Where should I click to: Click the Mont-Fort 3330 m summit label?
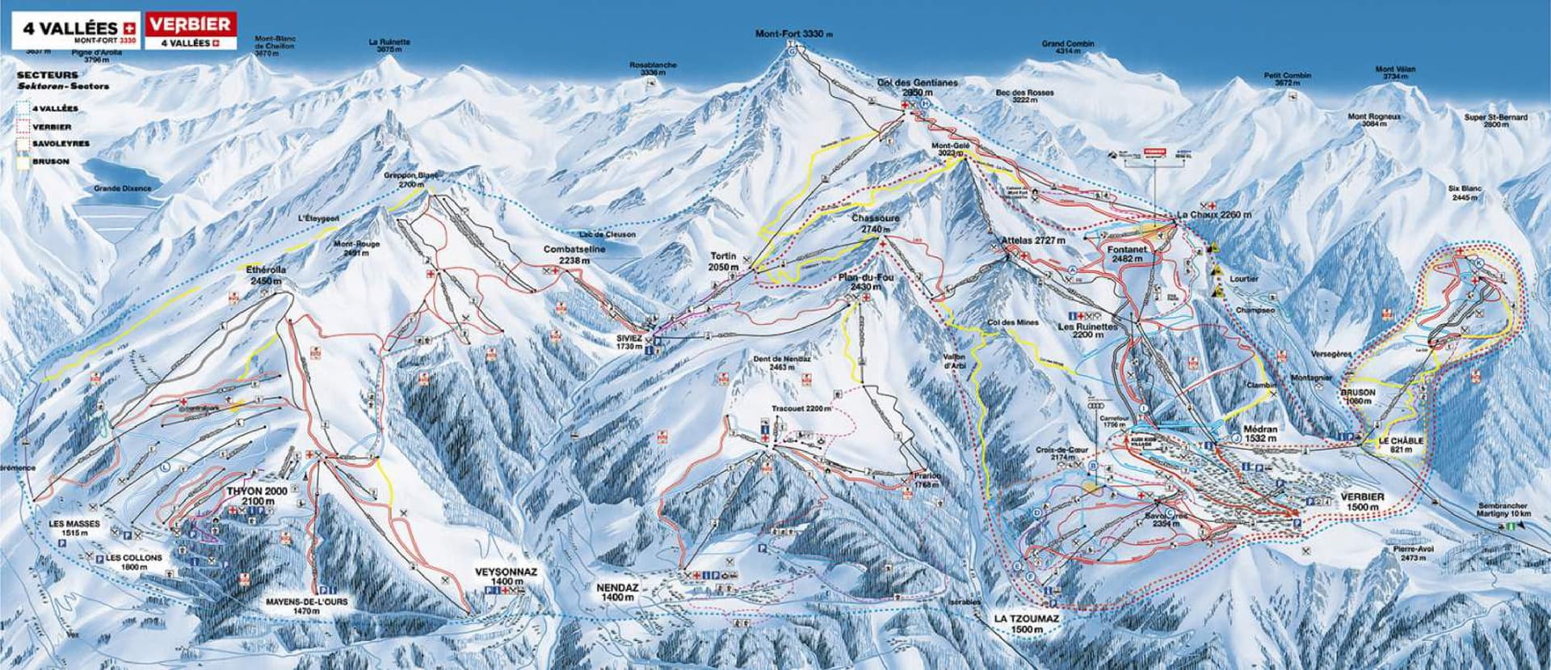[x=792, y=34]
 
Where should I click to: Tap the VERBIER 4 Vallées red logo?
[x=191, y=31]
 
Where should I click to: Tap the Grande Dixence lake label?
[x=122, y=188]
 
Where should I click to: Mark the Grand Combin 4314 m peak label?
[x=1067, y=47]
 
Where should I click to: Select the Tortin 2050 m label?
[x=723, y=261]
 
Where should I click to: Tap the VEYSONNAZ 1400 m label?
[x=506, y=576]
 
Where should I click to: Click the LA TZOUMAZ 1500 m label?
[x=1026, y=623]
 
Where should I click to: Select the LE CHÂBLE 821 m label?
[x=1401, y=445]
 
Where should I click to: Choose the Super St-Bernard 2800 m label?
[x=1497, y=121]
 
